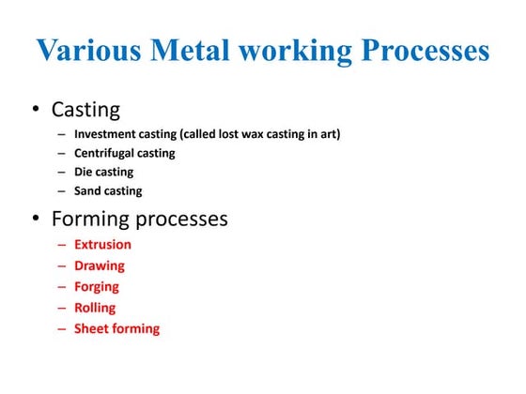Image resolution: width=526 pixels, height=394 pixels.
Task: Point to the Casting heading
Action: [x=85, y=110]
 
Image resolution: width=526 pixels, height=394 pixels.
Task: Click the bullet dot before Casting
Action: [x=35, y=110]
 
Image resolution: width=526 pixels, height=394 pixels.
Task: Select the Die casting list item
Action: [x=103, y=172]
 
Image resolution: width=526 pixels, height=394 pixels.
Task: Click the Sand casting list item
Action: [x=108, y=190]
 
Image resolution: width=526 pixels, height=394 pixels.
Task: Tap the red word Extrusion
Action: [x=102, y=244]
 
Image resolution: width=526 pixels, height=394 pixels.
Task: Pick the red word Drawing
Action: [x=100, y=265]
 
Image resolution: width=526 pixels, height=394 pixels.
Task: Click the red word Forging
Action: [x=97, y=286]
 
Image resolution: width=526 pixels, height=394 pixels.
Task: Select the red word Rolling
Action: [x=95, y=307]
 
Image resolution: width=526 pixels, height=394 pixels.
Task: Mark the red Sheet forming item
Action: [x=116, y=328]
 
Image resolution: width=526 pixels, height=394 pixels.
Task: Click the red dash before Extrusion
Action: [x=62, y=244]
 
